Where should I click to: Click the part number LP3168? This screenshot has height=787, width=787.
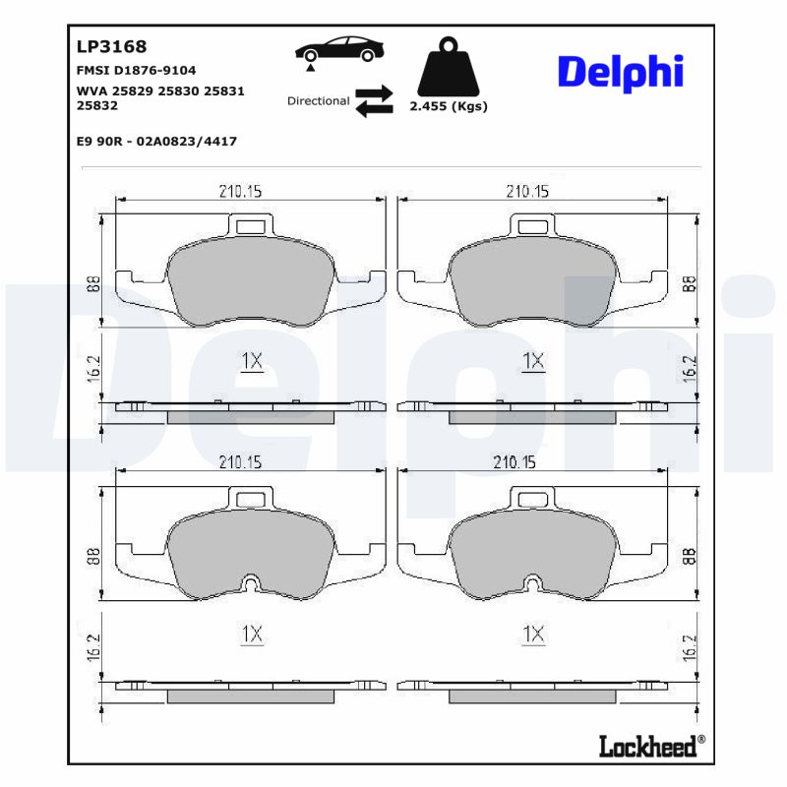(111, 46)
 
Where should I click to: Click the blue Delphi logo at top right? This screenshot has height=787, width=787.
(620, 73)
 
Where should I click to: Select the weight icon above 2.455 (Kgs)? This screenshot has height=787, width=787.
(447, 67)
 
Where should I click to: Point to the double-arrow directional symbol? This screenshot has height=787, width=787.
(374, 100)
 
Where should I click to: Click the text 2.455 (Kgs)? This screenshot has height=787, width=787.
(448, 106)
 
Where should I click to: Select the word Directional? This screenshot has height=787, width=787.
(318, 100)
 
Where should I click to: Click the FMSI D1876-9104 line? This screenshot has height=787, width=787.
(136, 71)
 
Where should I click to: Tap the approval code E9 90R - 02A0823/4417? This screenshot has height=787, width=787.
(155, 141)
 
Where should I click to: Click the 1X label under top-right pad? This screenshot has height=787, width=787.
(533, 361)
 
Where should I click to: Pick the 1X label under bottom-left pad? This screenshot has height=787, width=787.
(252, 635)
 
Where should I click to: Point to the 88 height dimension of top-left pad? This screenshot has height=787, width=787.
(92, 285)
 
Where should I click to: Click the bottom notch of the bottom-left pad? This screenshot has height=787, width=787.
(252, 587)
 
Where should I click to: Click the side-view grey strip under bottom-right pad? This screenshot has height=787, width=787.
(532, 696)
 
